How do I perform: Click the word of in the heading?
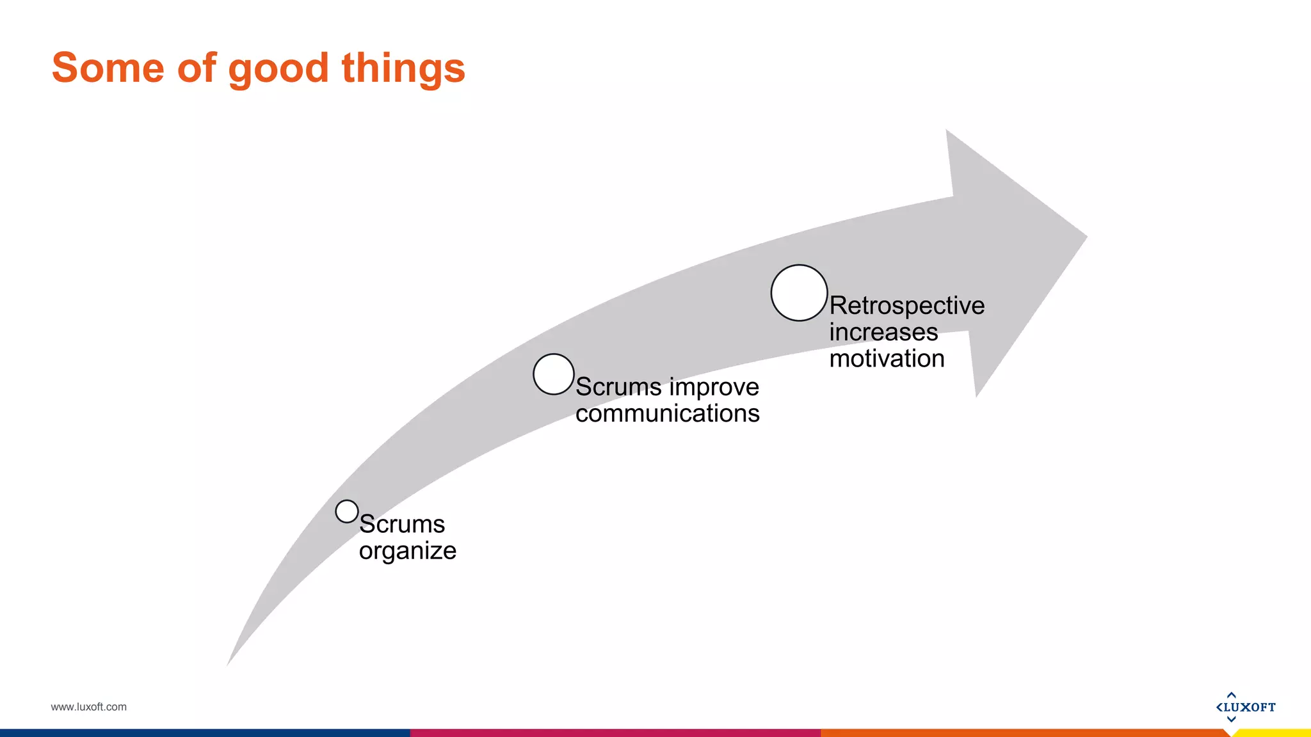(x=197, y=68)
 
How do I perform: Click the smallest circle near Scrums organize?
(x=347, y=511)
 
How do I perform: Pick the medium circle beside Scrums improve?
(x=554, y=374)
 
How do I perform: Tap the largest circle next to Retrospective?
(x=799, y=293)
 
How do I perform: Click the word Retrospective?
(x=906, y=306)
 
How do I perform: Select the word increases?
(x=883, y=332)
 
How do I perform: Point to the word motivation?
(x=887, y=359)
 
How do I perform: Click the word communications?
(x=667, y=414)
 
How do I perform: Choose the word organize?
(x=407, y=551)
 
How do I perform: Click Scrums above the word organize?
(x=402, y=525)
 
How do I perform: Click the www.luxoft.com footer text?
(x=88, y=707)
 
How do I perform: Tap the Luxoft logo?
(x=1245, y=707)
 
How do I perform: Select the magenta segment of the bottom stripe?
(x=615, y=733)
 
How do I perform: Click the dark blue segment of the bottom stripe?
(x=205, y=733)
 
